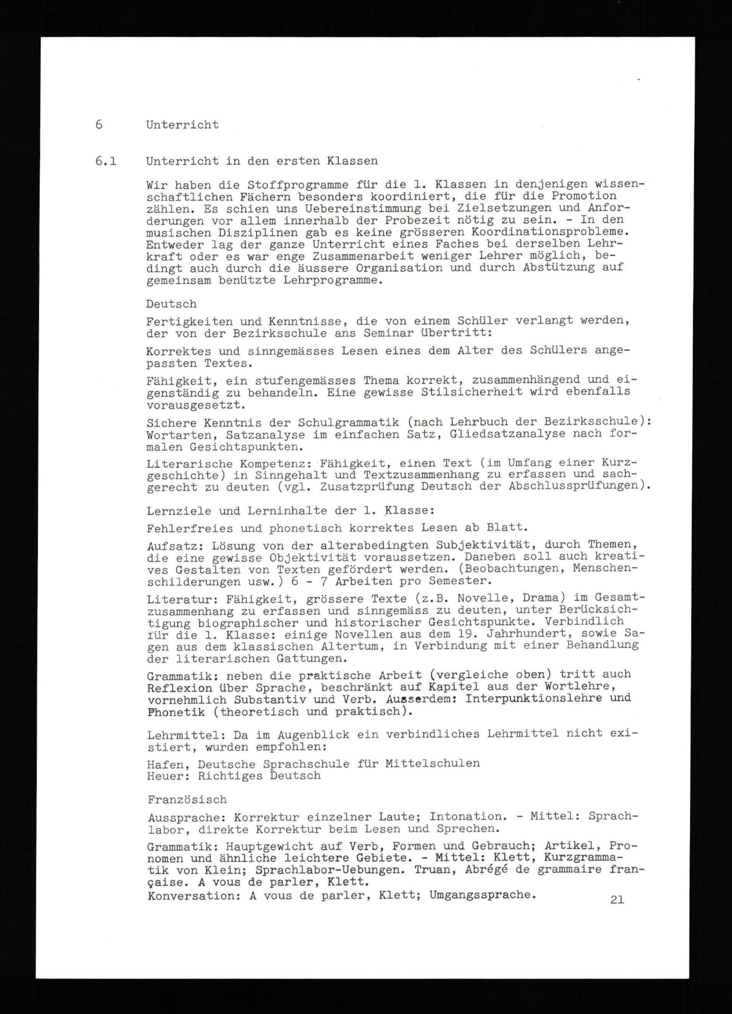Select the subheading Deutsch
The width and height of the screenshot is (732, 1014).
[171, 304]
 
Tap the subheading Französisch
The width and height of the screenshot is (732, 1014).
[187, 800]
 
